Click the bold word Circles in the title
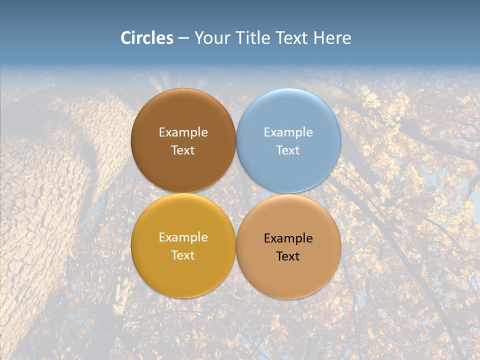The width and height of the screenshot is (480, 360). tap(147, 38)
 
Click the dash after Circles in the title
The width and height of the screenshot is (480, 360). tap(183, 38)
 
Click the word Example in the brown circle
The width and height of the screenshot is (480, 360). tap(183, 132)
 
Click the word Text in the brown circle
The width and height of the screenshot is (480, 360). tap(183, 150)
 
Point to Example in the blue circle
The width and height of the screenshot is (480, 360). tap(288, 132)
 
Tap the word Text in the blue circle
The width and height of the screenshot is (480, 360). tap(288, 150)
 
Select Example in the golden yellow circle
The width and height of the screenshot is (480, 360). tap(183, 237)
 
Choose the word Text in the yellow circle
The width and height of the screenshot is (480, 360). tap(183, 255)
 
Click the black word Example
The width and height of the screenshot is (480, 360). tap(288, 238)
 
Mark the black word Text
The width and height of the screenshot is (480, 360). tap(288, 256)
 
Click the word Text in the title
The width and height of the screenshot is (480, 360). tap(292, 38)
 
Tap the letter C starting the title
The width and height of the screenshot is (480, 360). tap(126, 38)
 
